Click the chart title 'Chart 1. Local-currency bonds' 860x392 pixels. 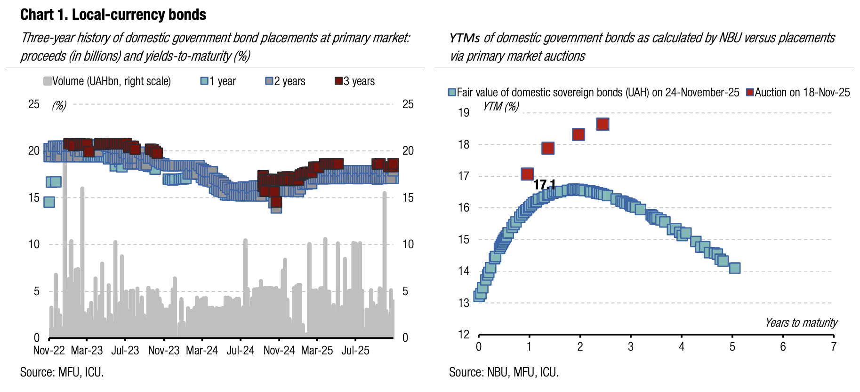click(113, 15)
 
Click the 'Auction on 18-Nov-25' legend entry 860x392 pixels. click(798, 93)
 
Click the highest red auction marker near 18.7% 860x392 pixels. click(603, 124)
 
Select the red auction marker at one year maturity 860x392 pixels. click(527, 174)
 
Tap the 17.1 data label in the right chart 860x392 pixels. click(545, 185)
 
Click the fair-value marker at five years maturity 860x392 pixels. click(734, 268)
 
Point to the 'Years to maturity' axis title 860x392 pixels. click(801, 322)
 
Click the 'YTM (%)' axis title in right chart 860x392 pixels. click(501, 107)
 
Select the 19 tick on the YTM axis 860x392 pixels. click(464, 113)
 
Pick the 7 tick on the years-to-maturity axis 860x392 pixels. click(833, 347)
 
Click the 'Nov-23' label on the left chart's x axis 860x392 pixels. click(164, 351)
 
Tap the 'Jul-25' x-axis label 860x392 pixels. click(355, 351)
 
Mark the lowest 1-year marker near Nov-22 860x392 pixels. click(49, 202)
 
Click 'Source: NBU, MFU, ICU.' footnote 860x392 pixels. click(504, 372)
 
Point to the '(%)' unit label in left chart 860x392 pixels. click(59, 105)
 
